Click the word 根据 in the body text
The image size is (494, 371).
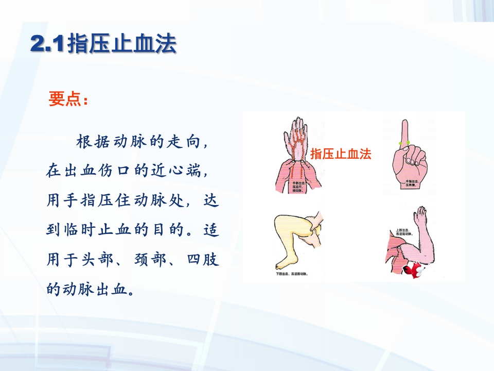93,142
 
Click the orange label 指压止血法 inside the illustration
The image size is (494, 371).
341,154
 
